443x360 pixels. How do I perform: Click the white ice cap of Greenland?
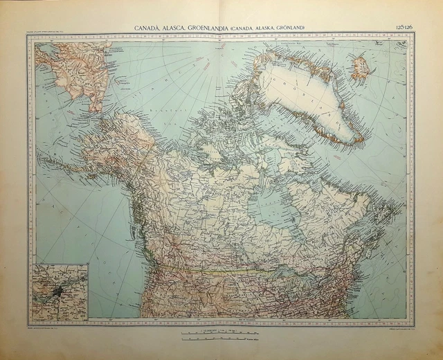[x=308, y=97]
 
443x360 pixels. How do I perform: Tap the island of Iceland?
[x=361, y=68]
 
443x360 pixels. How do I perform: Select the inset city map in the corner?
[x=60, y=291]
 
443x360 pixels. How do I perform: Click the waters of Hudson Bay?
[x=277, y=208]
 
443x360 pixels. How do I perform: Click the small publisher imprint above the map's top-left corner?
[x=54, y=32]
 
